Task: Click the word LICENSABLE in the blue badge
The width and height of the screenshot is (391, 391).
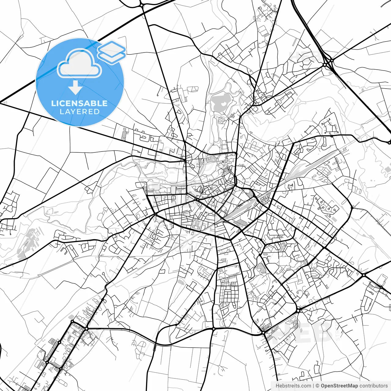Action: [79, 103]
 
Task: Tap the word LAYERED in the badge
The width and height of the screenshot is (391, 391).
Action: [79, 112]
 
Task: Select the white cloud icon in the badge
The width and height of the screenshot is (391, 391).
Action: [79, 64]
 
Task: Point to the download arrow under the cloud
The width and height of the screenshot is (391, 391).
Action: [75, 88]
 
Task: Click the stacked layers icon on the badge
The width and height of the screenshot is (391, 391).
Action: [112, 52]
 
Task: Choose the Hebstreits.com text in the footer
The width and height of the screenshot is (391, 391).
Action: [293, 386]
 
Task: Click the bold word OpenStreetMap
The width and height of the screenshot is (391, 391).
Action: [339, 386]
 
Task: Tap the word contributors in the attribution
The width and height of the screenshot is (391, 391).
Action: [374, 386]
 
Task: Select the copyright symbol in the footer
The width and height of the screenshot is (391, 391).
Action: [317, 386]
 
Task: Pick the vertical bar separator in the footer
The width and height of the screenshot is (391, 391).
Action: [313, 386]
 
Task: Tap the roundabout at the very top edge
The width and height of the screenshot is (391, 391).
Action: [141, 5]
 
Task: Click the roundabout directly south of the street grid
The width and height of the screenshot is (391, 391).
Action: [214, 329]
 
